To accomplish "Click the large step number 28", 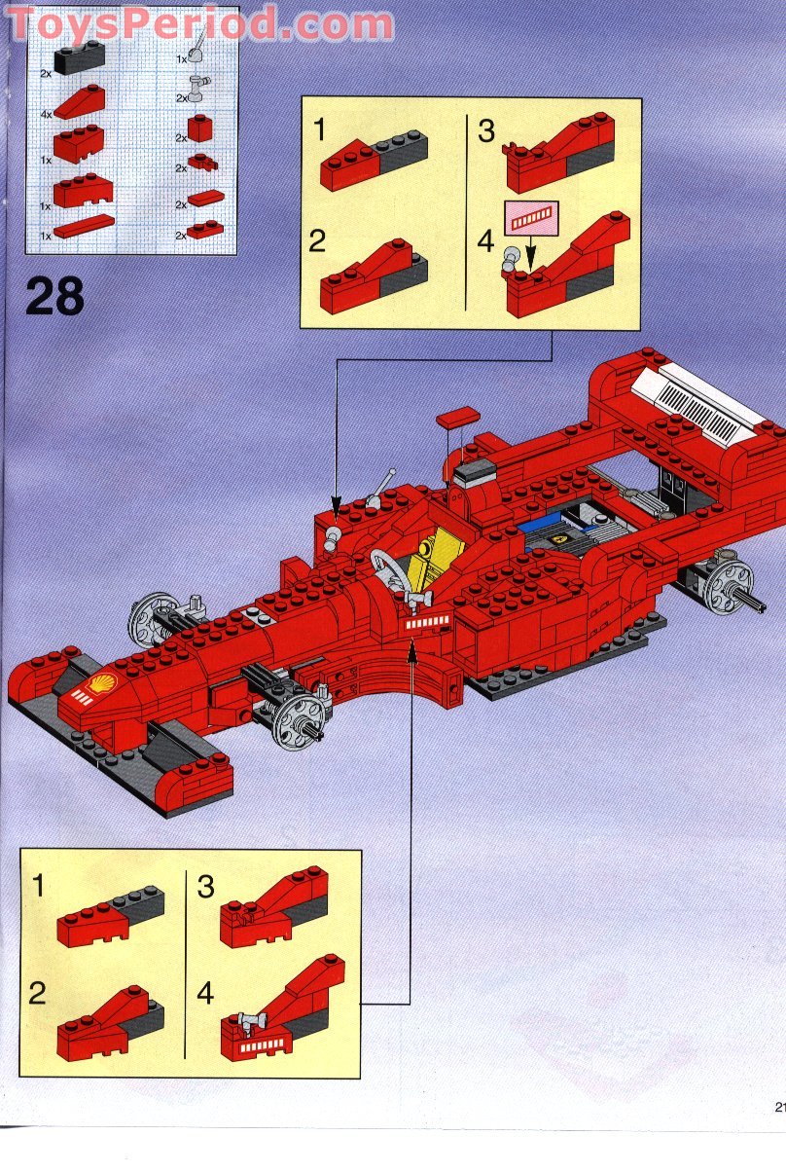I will pyautogui.click(x=54, y=296).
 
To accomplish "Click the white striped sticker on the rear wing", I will pyautogui.click(x=698, y=408).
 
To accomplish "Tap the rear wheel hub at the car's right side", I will pyautogui.click(x=728, y=584).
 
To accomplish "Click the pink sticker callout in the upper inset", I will pyautogui.click(x=532, y=218).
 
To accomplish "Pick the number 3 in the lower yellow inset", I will pyautogui.click(x=205, y=887).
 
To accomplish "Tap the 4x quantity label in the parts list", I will pyautogui.click(x=47, y=114).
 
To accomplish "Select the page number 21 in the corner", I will pyautogui.click(x=779, y=1106).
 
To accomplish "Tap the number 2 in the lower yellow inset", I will pyautogui.click(x=37, y=993).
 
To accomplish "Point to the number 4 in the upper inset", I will pyautogui.click(x=486, y=240).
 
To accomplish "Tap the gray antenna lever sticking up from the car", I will pyautogui.click(x=381, y=489).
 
